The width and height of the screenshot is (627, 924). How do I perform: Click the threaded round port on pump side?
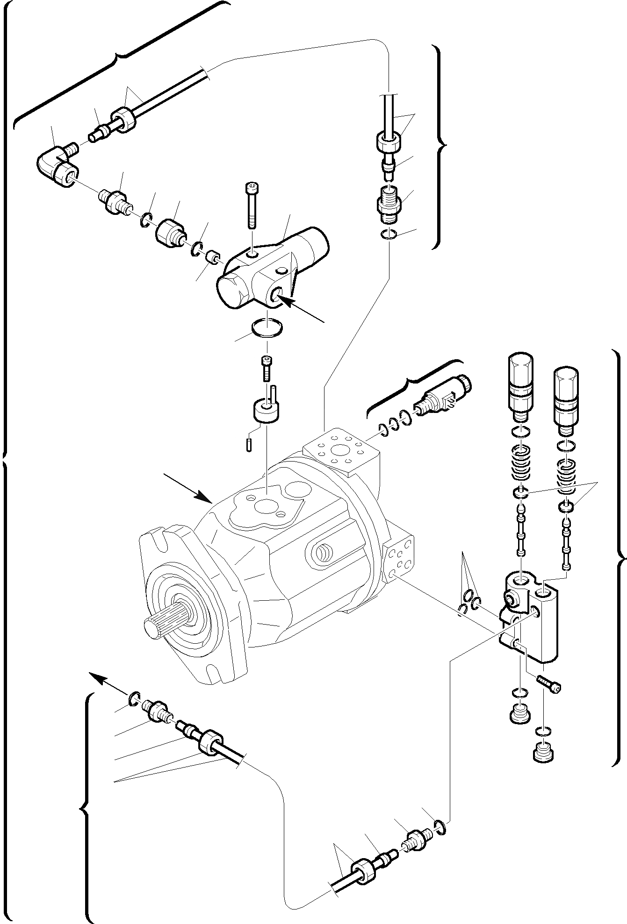[x=323, y=554]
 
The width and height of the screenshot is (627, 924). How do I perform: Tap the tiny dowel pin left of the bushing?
[x=249, y=445]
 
